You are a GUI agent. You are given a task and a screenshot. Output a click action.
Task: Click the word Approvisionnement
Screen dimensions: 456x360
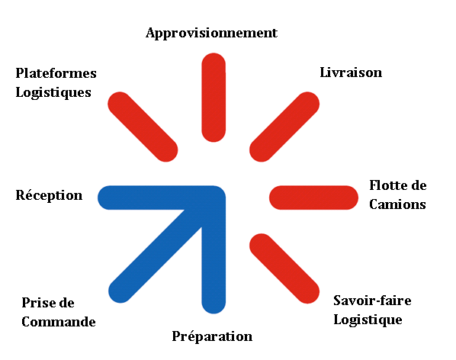click(x=211, y=33)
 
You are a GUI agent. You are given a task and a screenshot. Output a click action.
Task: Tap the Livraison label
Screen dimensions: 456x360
click(x=351, y=72)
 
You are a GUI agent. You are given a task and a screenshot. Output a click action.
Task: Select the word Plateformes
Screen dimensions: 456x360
click(x=56, y=73)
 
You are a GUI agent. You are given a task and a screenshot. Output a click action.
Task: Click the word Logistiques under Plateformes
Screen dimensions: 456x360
click(x=53, y=93)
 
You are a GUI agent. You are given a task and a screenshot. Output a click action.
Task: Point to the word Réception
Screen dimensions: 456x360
click(x=49, y=195)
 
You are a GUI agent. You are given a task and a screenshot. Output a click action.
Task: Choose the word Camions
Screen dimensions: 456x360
click(x=397, y=204)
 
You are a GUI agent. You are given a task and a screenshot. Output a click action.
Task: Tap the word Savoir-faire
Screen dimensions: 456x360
click(x=372, y=301)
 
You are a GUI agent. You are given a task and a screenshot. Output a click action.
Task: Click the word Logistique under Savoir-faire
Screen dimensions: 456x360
click(x=368, y=320)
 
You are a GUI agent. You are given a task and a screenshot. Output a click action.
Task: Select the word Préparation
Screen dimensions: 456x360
click(x=212, y=336)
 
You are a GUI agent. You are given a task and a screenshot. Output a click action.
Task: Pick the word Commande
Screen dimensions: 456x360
click(x=59, y=322)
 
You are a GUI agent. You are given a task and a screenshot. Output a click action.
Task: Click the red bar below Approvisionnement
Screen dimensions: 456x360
click(x=214, y=98)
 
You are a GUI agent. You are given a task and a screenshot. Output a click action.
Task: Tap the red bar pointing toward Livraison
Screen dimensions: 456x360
click(x=284, y=127)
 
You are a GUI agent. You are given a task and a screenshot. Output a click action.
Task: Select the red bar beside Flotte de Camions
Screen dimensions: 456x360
click(x=313, y=198)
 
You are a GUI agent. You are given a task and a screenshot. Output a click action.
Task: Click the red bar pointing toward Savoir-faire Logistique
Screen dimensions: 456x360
click(x=284, y=268)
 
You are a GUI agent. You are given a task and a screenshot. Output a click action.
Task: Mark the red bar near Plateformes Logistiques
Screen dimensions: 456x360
click(x=143, y=127)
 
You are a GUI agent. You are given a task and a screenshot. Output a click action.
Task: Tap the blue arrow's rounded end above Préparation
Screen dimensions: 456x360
click(x=214, y=305)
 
